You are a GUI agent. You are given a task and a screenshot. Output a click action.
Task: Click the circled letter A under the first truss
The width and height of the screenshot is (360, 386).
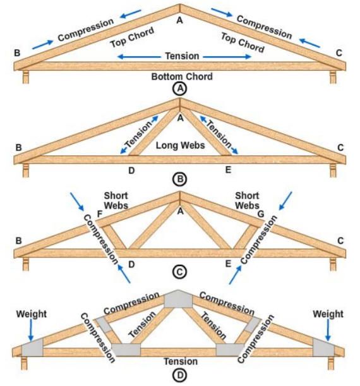(180, 88)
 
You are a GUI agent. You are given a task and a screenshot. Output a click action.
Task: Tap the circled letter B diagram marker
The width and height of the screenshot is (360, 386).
(180, 179)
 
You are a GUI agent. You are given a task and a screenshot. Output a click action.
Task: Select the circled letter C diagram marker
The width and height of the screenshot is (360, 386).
(179, 272)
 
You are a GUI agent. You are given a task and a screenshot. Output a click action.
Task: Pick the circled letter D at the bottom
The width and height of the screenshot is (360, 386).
(180, 376)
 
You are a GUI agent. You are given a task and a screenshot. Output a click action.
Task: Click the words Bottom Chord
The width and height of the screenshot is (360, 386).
(182, 76)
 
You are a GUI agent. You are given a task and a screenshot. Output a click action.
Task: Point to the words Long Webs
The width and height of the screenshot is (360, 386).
(181, 145)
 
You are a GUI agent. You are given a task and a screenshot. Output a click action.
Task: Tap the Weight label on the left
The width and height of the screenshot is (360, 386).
(31, 314)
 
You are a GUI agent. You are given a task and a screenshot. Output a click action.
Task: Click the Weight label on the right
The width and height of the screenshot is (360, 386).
(328, 314)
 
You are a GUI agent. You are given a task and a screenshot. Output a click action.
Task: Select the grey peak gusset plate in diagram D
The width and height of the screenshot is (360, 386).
(178, 299)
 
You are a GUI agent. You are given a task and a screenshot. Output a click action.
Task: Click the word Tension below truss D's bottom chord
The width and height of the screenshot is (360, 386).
(181, 361)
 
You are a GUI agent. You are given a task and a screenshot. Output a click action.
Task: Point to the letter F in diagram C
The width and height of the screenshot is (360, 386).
(100, 214)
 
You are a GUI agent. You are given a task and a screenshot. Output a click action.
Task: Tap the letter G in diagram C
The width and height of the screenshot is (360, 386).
(261, 214)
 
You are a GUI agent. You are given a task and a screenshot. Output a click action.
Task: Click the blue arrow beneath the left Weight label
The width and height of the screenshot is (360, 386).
(31, 330)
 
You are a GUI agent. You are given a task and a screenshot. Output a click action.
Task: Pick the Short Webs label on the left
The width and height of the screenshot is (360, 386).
(116, 201)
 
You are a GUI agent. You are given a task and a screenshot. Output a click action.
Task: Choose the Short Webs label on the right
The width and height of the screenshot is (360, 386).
(247, 201)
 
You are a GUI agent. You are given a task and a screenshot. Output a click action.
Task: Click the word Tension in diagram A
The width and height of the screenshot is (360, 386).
(182, 56)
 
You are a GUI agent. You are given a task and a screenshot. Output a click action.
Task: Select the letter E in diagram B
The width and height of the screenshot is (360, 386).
(228, 169)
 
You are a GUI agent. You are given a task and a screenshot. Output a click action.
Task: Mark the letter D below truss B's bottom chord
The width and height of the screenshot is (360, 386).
(131, 171)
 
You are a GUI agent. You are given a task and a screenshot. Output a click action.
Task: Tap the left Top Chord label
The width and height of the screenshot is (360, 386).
(132, 37)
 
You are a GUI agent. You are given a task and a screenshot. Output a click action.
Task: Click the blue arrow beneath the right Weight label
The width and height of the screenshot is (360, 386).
(328, 330)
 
